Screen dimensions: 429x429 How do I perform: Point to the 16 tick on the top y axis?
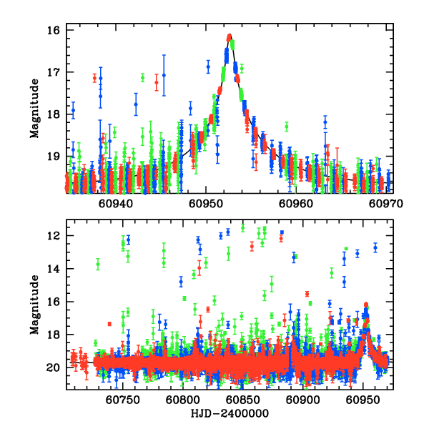pyautogui.click(x=54, y=31)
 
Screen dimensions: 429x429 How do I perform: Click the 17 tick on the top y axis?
pyautogui.click(x=54, y=72)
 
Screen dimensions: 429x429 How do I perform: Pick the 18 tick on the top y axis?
pyautogui.click(x=54, y=114)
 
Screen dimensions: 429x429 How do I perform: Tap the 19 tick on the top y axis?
pyautogui.click(x=54, y=156)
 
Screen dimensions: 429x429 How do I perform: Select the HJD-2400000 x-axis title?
pyautogui.click(x=229, y=414)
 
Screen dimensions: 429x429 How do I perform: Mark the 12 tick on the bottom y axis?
pyautogui.click(x=54, y=236)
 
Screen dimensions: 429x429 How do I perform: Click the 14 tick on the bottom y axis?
pyautogui.click(x=54, y=269)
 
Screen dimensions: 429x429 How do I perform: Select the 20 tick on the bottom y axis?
pyautogui.click(x=54, y=368)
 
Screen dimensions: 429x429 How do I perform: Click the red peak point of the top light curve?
pyautogui.click(x=229, y=36)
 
